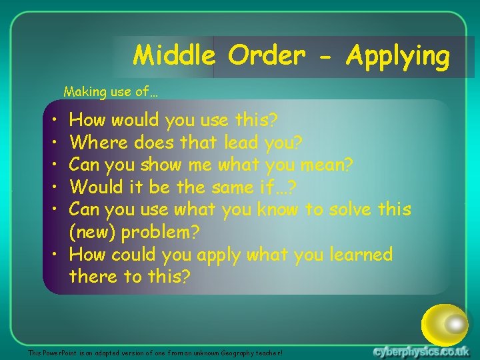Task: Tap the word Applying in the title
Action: (x=398, y=57)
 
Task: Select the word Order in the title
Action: (x=266, y=55)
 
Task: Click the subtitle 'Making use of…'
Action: (x=111, y=91)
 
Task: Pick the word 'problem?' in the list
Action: (x=167, y=233)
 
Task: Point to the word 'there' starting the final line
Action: (x=94, y=277)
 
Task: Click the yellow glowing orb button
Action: (x=445, y=325)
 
